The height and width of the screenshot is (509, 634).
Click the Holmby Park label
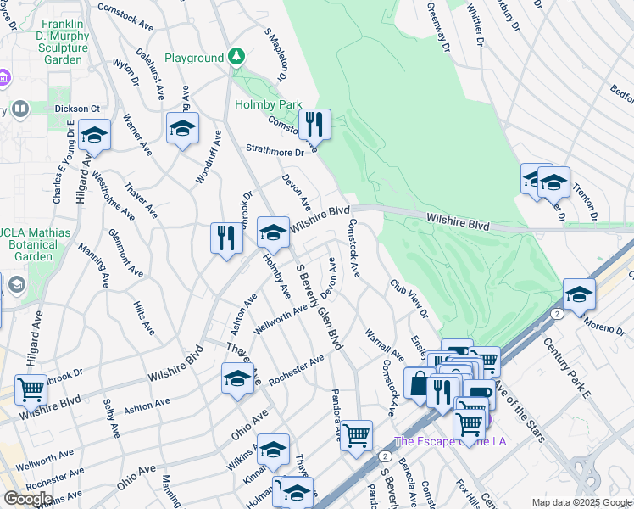click(268, 104)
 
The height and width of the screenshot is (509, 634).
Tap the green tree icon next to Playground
click(237, 58)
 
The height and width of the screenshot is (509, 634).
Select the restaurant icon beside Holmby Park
click(314, 124)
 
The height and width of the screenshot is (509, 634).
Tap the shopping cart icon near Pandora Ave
click(357, 435)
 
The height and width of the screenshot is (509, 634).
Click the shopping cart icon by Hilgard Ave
click(31, 389)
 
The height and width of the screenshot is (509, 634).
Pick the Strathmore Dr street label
click(274, 152)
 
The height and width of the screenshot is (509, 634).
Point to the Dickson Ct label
click(77, 109)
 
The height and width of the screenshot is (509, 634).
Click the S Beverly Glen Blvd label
click(318, 306)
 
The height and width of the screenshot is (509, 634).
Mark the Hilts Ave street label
click(144, 315)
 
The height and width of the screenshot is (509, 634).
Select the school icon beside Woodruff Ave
click(182, 128)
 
